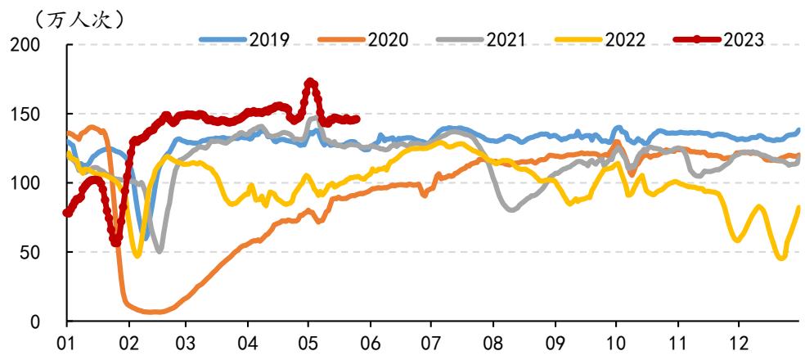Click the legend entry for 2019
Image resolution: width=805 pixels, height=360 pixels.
[x=245, y=39]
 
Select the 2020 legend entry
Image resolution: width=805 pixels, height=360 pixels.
[x=363, y=39]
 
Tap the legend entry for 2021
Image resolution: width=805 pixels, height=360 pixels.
[x=481, y=39]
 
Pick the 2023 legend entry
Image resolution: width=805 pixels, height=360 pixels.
[x=719, y=39]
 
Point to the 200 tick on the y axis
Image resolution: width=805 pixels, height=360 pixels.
[x=25, y=45]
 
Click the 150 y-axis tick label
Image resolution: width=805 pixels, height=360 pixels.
[x=25, y=114]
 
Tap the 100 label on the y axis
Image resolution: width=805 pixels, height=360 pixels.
[x=25, y=183]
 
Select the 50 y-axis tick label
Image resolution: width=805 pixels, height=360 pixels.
[x=31, y=252]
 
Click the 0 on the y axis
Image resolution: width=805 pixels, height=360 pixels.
[x=36, y=322]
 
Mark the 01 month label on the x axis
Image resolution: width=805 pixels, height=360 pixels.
[x=67, y=341]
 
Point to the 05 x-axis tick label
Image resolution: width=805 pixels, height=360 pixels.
[x=308, y=341]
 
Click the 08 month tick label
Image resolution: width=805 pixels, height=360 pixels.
[x=493, y=341]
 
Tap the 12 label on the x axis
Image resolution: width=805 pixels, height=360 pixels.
[x=738, y=341]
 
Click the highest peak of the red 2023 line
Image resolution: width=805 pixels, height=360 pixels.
[x=310, y=82]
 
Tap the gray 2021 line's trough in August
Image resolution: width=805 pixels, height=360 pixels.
[x=511, y=209]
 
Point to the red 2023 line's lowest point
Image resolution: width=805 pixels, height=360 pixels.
[x=116, y=242]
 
